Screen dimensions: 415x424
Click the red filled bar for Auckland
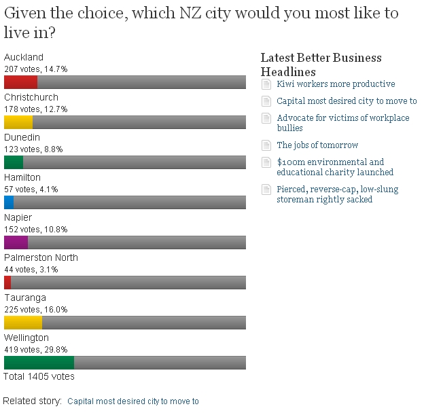pos(20,82)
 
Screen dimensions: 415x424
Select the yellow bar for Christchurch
pos(18,122)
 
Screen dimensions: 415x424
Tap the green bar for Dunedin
pos(14,162)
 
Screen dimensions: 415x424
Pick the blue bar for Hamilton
pos(9,202)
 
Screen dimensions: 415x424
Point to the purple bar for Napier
pos(16,242)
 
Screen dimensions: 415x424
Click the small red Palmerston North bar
pos(7,283)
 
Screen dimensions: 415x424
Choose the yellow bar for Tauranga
pos(23,323)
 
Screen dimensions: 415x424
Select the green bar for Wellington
pos(39,363)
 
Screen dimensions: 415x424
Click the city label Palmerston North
pos(41,257)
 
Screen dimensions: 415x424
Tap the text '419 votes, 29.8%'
pos(36,350)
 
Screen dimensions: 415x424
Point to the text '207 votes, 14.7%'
pos(36,69)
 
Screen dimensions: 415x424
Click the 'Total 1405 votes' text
pos(39,376)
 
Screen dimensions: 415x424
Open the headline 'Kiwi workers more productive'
pos(336,84)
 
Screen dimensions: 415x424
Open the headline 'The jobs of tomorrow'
pos(317,145)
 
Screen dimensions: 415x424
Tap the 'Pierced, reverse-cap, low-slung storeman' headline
pos(338,194)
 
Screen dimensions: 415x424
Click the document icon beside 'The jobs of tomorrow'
pos(266,145)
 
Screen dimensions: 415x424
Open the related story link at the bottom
pos(133,401)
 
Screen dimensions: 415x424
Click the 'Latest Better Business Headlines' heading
pos(321,65)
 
